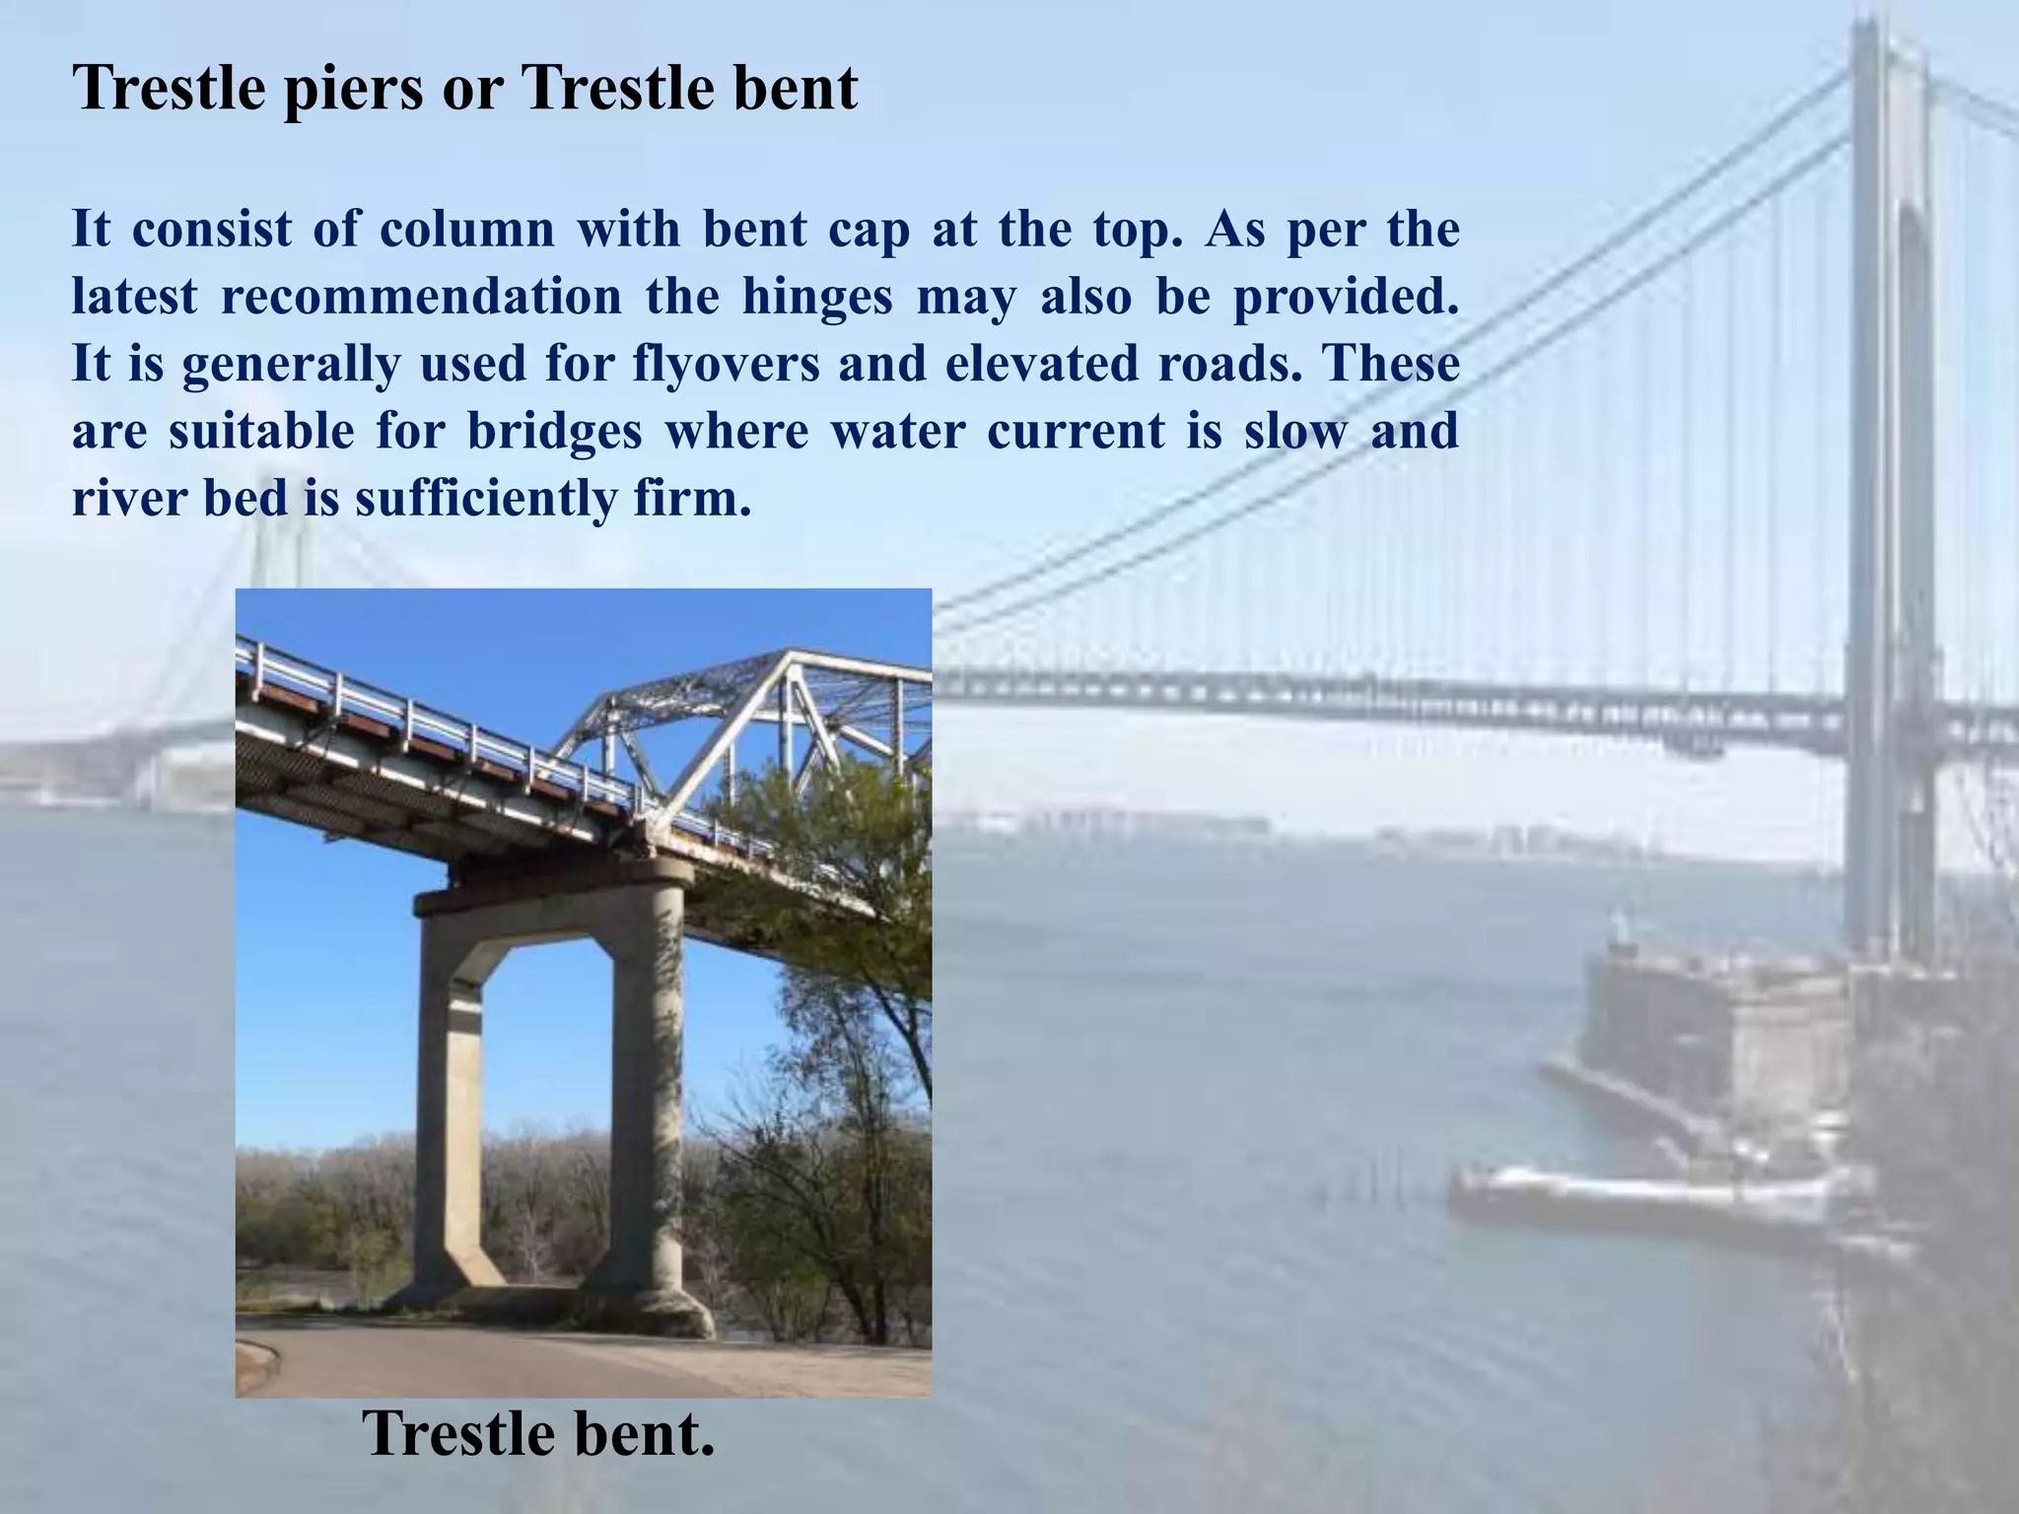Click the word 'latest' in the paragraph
pos(134,298)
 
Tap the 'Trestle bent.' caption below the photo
pos(538,1435)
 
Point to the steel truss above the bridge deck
pos(759,720)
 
